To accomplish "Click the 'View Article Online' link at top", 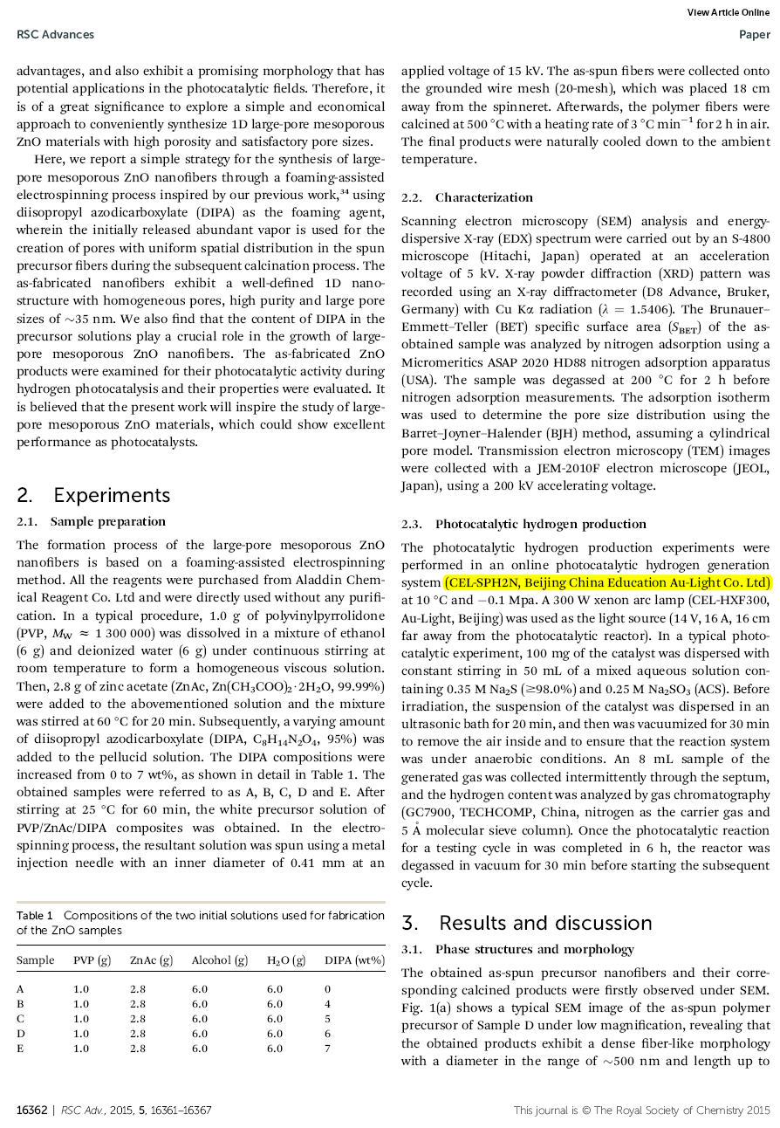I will pos(728,12).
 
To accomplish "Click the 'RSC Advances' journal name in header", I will pos(55,35).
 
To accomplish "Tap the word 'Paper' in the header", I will pos(754,35).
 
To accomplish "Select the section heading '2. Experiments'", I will pos(93,495).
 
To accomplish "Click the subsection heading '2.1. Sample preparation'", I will pos(91,522).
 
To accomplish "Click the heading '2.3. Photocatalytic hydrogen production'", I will pos(523,525).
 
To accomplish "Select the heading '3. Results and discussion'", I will pos(526,923).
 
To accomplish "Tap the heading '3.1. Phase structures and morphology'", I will pos(517,950).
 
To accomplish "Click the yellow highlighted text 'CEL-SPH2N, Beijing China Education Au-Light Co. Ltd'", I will pos(607,583).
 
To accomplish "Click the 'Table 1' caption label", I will pos(35,916).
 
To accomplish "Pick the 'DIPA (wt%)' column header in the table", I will pos(354,960).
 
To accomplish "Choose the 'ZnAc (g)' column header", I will pos(151,960).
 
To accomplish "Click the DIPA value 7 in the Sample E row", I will pos(327,1049).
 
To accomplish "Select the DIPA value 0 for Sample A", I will pos(327,989).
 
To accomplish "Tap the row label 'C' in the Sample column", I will pos(20,1019).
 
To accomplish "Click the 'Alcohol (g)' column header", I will pos(220,960).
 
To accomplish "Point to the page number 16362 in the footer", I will pos(32,1111).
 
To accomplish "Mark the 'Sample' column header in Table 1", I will pos(35,960).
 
